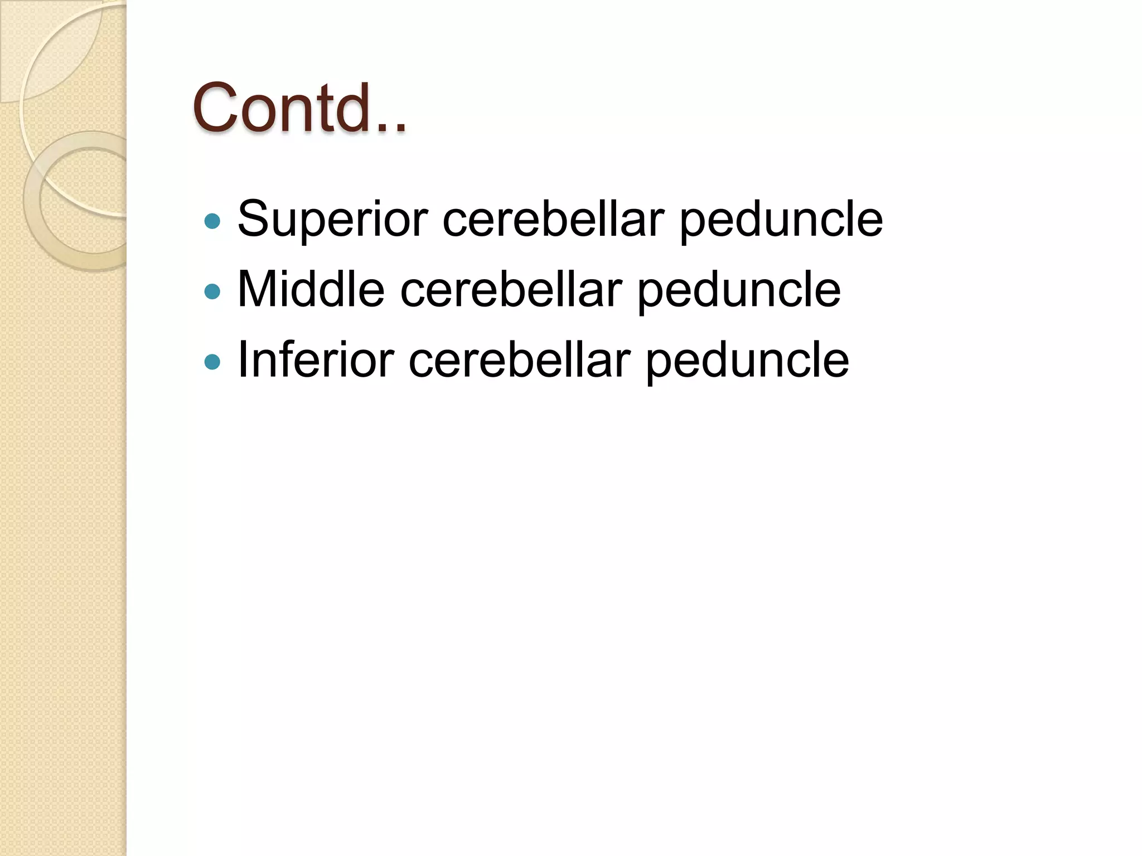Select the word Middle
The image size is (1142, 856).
[x=311, y=289]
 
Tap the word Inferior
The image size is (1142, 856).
[x=316, y=360]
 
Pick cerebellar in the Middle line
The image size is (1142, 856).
[x=511, y=289]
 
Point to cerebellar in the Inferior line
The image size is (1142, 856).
[x=519, y=360]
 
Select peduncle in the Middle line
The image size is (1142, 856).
[x=739, y=290]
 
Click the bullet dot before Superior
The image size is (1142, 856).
[x=212, y=221]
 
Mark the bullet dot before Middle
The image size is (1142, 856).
[x=212, y=291]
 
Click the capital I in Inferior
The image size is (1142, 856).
[x=242, y=359]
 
